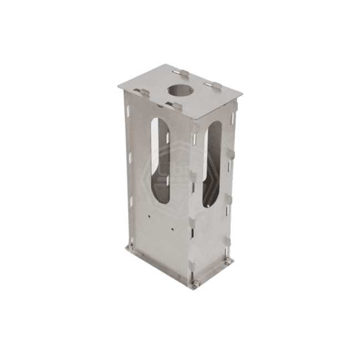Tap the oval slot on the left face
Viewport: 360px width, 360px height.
pos(161,161)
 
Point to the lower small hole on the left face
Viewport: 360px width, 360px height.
pos(173,229)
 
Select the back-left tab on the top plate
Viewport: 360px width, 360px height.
pos(181,73)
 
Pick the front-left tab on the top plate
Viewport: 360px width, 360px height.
pos(143,92)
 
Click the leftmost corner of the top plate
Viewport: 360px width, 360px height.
pos(118,85)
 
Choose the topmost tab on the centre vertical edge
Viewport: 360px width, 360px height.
pos(195,128)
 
